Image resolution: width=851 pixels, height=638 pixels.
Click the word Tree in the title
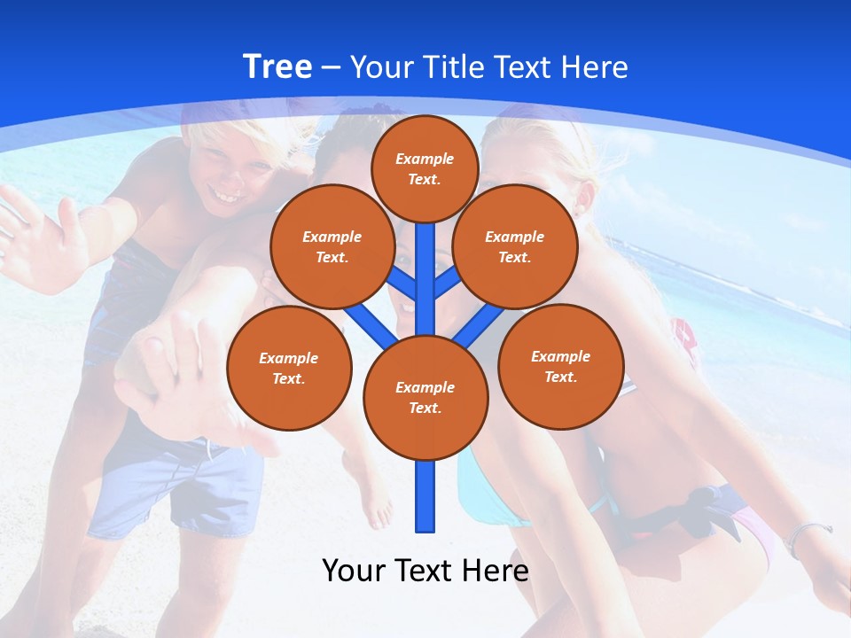pos(277,67)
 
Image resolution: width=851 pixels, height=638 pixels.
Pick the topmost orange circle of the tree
pos(425,168)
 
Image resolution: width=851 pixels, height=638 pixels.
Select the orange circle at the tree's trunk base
pos(425,398)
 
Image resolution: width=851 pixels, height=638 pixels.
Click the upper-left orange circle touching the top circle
pos(332,246)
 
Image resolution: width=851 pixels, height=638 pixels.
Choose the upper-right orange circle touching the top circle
pos(515,246)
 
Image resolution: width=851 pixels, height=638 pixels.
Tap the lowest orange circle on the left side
pos(289,368)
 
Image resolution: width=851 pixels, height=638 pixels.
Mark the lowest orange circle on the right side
pos(560,366)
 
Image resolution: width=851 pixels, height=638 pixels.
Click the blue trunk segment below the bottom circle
pos(425,496)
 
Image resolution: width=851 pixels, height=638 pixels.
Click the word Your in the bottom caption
pos(353,571)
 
